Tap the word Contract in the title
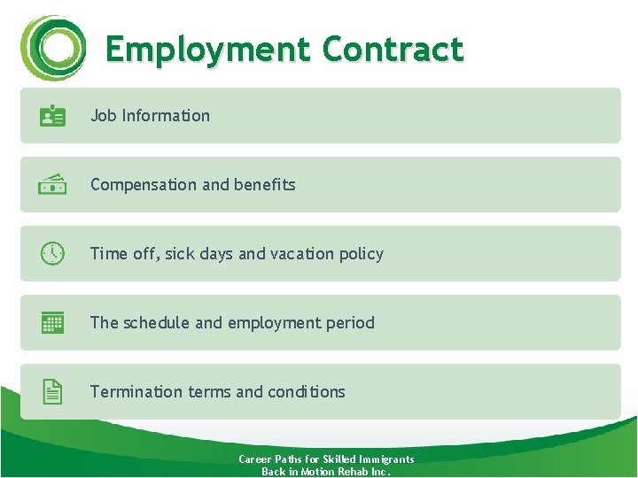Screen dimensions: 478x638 pos(393,50)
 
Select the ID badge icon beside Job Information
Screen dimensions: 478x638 pos(52,116)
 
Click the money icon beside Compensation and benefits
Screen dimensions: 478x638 pos(52,184)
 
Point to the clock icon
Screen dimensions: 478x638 pos(52,253)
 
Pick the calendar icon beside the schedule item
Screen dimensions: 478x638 pos(52,322)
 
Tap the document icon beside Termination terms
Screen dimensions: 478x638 pos(52,391)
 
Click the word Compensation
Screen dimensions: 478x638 pos(144,185)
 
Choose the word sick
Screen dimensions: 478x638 pos(179,254)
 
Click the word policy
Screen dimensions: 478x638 pos(362,254)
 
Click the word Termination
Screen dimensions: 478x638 pos(136,392)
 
